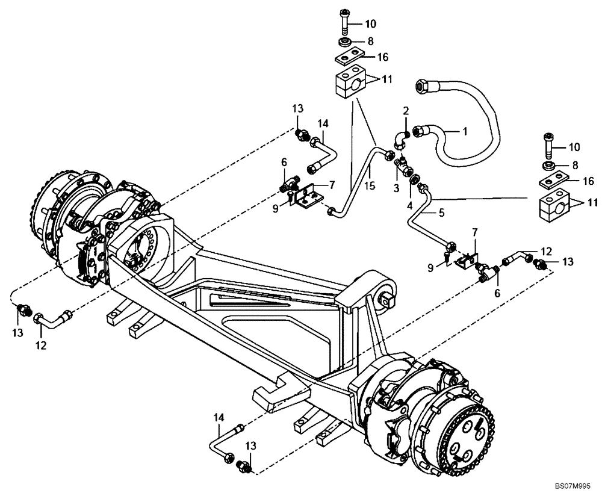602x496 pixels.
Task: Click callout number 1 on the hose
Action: pyautogui.click(x=464, y=130)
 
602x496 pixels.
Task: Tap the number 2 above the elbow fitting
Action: pyautogui.click(x=406, y=111)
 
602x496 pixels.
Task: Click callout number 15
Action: pyautogui.click(x=370, y=187)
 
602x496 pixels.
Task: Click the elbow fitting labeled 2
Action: pyautogui.click(x=399, y=138)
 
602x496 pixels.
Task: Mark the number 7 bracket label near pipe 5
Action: pyautogui.click(x=476, y=232)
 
